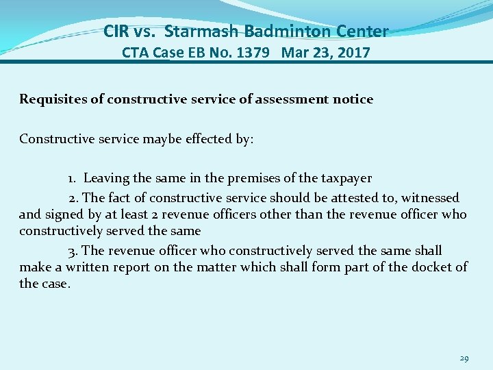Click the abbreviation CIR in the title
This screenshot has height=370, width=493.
click(x=116, y=31)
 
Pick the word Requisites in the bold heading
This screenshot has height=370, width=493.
click(x=52, y=99)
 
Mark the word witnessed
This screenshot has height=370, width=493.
click(x=430, y=198)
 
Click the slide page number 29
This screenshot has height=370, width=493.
click(x=464, y=358)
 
